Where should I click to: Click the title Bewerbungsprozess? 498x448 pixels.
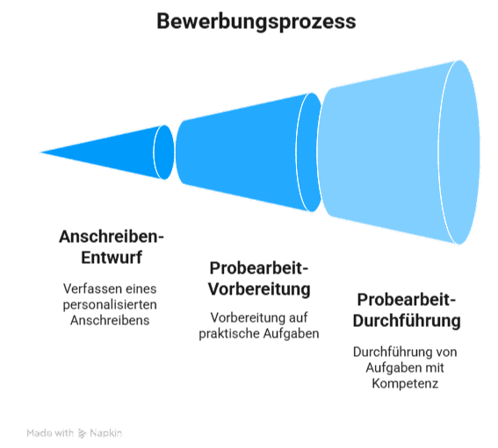coord(256,22)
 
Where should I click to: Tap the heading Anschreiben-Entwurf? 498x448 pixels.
coord(112,246)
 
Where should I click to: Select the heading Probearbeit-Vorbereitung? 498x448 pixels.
coord(259,279)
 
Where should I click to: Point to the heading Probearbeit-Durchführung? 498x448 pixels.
coord(407,310)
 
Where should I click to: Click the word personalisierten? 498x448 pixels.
coord(110,305)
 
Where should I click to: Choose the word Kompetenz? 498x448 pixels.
coord(405,384)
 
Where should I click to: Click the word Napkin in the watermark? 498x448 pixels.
coord(105,433)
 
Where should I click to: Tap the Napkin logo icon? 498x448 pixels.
coord(82,433)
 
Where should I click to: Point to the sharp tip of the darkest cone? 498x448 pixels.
coord(40,153)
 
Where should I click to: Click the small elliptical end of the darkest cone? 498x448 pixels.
coord(164,153)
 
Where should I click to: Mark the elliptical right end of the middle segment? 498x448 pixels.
coord(309,153)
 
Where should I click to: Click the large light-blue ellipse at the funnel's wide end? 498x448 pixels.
coord(459,153)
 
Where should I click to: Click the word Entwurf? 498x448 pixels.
coord(112,257)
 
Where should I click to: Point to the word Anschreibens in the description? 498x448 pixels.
coord(110,321)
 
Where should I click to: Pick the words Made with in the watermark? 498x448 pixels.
coord(50,433)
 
